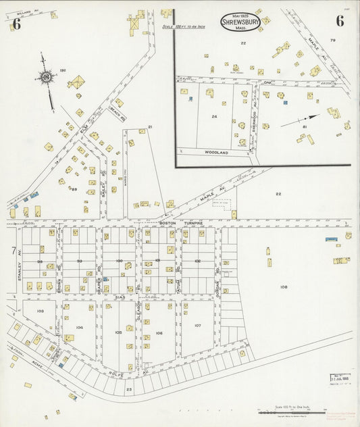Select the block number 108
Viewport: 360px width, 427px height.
click(284, 287)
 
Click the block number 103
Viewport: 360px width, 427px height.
click(41, 311)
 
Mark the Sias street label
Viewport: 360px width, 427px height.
click(120, 297)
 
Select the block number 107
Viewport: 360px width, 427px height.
click(197, 326)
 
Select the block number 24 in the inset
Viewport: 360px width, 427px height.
click(214, 116)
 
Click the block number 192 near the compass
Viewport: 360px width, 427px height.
click(63, 70)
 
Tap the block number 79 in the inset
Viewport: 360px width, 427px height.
click(332, 41)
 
